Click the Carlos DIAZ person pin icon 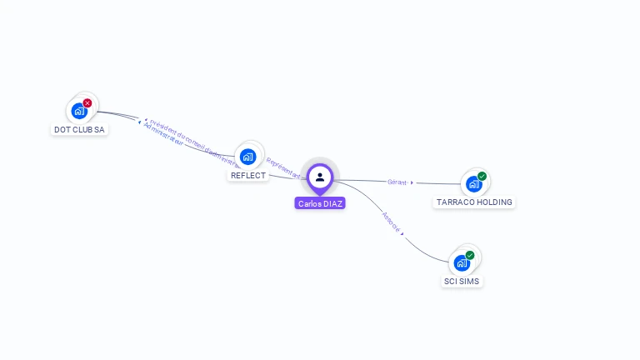click(320, 177)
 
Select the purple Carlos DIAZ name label click(320, 203)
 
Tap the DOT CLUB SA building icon click(79, 110)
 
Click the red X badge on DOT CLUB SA click(87, 103)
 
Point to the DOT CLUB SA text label click(79, 130)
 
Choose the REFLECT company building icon click(247, 156)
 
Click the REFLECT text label click(248, 176)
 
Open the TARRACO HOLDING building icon click(473, 183)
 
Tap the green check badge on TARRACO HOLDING click(482, 176)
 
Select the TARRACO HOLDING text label click(474, 202)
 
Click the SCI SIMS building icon click(462, 262)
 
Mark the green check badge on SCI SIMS click(470, 255)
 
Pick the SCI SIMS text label click(462, 282)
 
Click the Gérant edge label click(397, 182)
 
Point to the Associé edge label click(391, 222)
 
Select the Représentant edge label click(283, 168)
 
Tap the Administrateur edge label click(163, 136)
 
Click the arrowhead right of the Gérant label click(412, 182)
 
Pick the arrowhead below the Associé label click(402, 234)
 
